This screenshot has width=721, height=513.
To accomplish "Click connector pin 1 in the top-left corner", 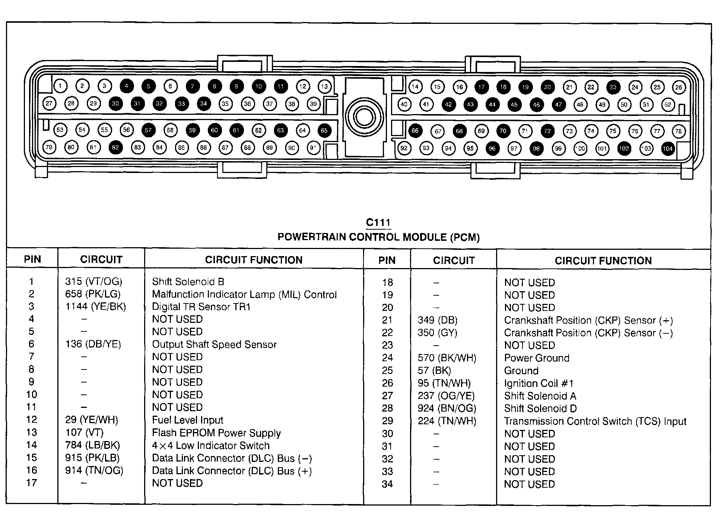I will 60,86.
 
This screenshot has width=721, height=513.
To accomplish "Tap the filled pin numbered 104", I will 668,149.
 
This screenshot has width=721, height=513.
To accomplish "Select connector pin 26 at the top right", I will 679,87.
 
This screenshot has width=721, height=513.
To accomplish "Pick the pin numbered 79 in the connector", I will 49,147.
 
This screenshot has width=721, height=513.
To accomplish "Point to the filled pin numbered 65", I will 324,130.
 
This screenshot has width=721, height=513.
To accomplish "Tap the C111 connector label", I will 378,223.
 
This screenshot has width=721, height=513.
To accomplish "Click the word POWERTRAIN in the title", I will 312,237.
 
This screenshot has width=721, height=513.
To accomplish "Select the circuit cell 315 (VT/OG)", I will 93,282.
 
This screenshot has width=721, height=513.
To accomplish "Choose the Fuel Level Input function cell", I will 187,420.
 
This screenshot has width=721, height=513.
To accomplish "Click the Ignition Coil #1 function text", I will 539,383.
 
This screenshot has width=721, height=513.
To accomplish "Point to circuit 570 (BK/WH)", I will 447,358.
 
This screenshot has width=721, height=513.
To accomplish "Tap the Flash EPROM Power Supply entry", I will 216,433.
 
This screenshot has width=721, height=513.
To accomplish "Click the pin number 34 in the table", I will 387,484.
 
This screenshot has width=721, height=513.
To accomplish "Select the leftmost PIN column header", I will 32,259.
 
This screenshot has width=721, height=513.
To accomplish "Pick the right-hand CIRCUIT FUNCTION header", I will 603,261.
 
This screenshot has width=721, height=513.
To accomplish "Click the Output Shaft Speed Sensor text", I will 214,344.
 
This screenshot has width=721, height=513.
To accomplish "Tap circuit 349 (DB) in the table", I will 438,320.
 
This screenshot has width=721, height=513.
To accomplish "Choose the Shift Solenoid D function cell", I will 540,409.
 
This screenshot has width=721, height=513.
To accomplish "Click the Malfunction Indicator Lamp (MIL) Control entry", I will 244,295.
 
